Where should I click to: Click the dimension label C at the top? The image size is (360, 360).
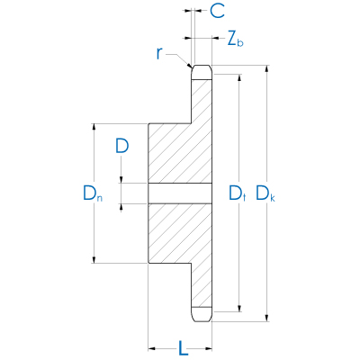click(217, 12)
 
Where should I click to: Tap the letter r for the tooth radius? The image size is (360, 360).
click(160, 53)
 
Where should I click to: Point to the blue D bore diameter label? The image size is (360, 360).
click(121, 145)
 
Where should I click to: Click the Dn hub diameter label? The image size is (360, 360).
click(93, 193)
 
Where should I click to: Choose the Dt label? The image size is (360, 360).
click(237, 193)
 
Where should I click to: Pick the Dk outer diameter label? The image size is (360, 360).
click(265, 193)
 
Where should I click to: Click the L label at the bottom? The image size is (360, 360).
click(181, 346)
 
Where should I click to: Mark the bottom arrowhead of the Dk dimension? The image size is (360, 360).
click(267, 316)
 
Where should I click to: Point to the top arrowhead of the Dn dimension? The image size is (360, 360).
click(94, 127)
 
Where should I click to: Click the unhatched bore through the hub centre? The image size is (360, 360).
click(180, 193)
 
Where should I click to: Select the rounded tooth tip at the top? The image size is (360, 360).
click(202, 70)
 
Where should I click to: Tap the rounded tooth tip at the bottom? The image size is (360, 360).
click(202, 315)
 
